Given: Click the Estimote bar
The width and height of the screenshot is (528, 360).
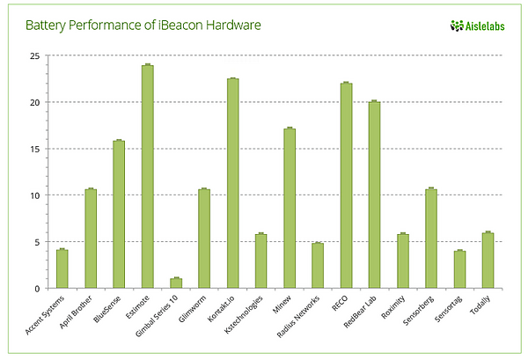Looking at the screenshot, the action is (148, 176).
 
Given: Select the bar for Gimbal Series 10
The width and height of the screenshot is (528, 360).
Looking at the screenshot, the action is (176, 283).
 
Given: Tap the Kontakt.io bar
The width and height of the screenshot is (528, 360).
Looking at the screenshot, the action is (232, 183).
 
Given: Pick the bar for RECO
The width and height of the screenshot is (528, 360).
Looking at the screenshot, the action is (346, 186).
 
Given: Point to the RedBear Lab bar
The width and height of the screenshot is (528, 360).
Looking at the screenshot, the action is (375, 195).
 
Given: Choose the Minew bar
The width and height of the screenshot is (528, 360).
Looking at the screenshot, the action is (290, 208).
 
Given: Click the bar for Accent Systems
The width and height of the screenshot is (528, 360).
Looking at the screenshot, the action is (62, 268).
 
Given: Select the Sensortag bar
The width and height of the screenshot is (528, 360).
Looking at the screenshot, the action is (459, 269).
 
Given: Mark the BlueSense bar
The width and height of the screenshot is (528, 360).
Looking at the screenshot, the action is (119, 214).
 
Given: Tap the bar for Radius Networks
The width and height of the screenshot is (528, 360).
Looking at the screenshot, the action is (318, 265).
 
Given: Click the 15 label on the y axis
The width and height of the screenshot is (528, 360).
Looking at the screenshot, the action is (34, 149).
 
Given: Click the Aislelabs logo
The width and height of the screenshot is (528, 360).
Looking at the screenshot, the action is (478, 26).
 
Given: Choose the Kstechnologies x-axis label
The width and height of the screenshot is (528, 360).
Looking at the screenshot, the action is (243, 314).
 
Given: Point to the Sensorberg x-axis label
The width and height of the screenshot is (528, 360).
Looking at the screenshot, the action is (419, 311).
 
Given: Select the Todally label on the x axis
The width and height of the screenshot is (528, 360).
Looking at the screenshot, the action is (480, 305).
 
